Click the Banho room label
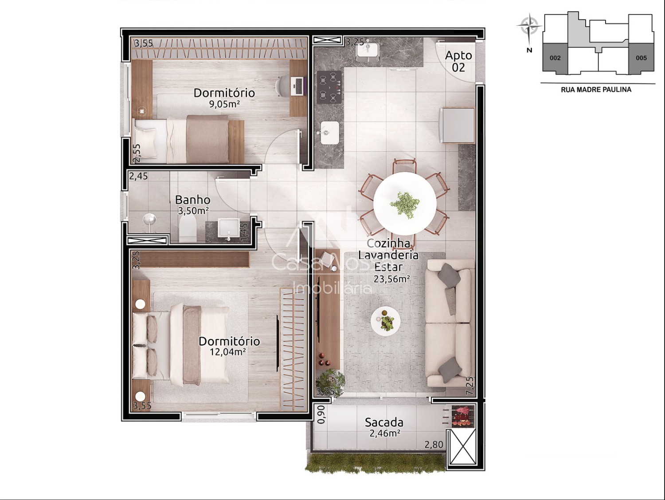coord(193,200)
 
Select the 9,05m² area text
coord(224,104)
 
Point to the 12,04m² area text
coord(227,352)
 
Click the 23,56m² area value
coord(392,279)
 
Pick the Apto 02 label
coord(458,61)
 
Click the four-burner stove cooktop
coord(330,87)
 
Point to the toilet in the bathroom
coord(188,230)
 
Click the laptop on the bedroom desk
coord(298,86)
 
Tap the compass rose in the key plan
coord(529,26)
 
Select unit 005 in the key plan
coord(641,58)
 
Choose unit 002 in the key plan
coord(555,58)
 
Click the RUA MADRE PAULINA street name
coord(596,90)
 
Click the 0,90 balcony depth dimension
coord(322,415)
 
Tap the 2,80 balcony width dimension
coord(434,445)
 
